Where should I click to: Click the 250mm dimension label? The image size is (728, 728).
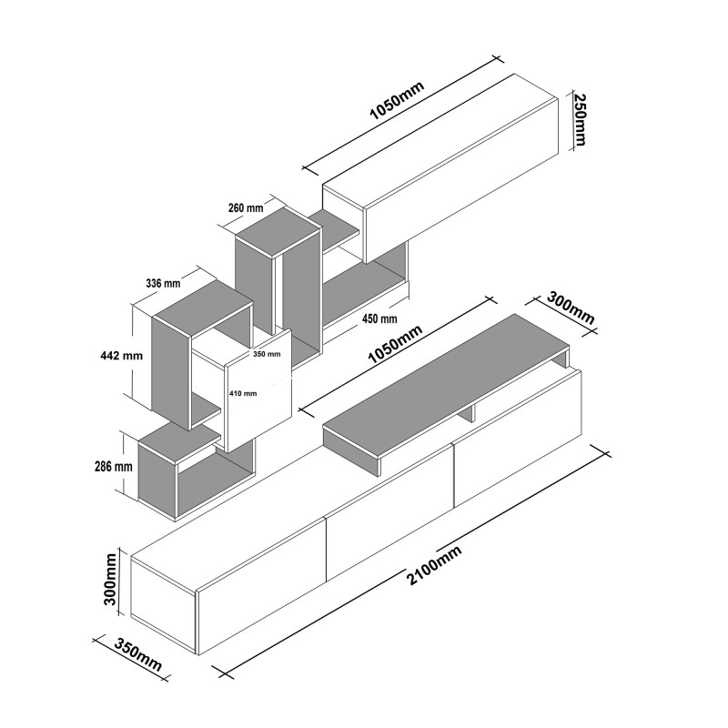coord(580,120)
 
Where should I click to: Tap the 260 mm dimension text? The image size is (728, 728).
coord(246,207)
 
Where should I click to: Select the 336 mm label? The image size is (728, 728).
coord(163,283)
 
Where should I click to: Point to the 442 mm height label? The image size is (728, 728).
coord(122,356)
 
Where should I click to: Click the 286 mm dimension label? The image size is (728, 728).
coord(114,466)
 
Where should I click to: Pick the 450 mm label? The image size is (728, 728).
coord(379,319)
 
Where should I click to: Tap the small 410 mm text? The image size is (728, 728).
coord(243,393)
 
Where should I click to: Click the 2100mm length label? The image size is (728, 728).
coord(434,565)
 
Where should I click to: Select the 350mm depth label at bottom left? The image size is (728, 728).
coord(138,655)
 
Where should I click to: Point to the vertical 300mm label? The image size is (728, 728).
coord(110,579)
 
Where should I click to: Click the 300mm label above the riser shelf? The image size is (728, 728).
coord(571,308)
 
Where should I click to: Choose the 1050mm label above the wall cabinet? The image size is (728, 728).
coord(397,101)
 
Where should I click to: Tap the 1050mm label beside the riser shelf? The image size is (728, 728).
coord(395,344)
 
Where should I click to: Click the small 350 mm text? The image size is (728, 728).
coord(267,354)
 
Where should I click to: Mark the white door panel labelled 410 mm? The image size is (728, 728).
coord(258,391)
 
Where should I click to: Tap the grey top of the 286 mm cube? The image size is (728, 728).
coord(179,443)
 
